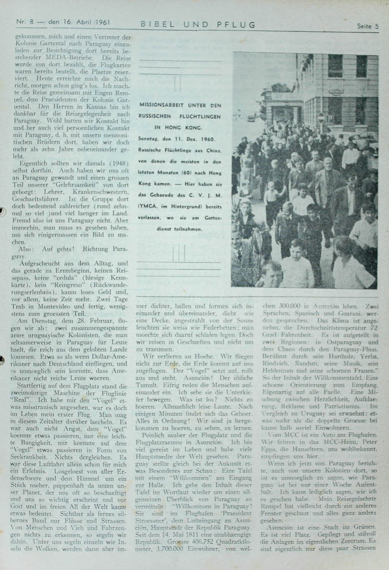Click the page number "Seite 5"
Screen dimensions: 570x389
click(x=367, y=26)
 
